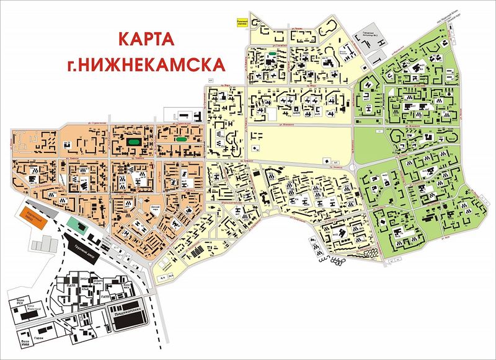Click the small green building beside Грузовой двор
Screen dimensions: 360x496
click(x=74, y=222)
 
